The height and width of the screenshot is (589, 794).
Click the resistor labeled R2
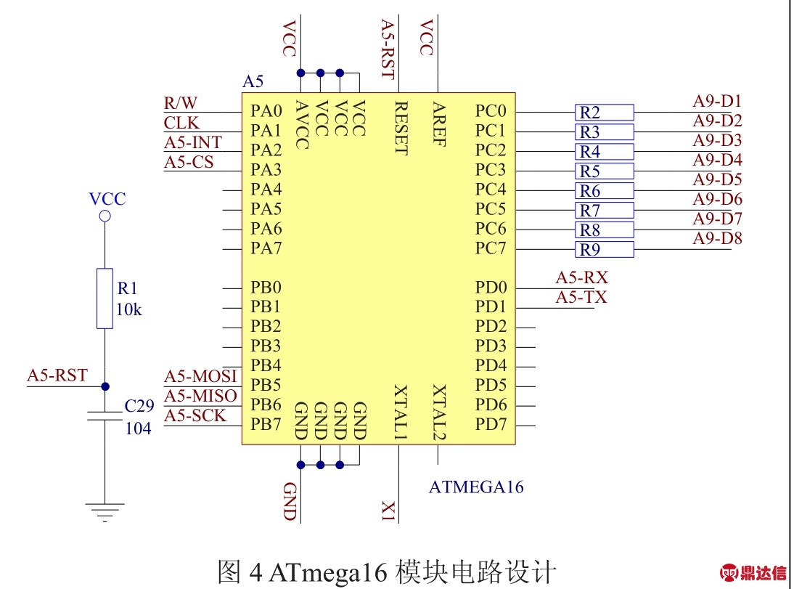tap(604, 113)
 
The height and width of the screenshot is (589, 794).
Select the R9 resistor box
tap(604, 250)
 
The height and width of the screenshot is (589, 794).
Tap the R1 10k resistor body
tap(105, 298)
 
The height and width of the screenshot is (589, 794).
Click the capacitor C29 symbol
tap(105, 415)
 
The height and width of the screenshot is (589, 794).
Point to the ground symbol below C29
tap(105, 512)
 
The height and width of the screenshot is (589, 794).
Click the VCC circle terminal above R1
tap(105, 216)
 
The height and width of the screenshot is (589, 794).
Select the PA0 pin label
tap(266, 111)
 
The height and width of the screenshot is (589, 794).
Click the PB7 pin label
tap(266, 424)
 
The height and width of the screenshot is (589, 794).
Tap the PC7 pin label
tap(491, 248)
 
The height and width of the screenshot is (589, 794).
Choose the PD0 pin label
tap(491, 288)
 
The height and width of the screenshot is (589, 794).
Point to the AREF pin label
tap(438, 123)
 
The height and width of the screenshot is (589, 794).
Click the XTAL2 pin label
tap(438, 413)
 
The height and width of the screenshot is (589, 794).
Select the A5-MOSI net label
tap(200, 376)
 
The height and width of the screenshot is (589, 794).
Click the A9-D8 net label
tap(717, 238)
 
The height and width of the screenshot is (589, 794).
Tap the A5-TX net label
tap(581, 297)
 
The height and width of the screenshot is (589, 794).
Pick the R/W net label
tap(181, 102)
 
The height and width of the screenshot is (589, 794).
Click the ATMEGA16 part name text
tap(476, 487)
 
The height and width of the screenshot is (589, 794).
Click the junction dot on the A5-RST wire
tap(105, 386)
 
